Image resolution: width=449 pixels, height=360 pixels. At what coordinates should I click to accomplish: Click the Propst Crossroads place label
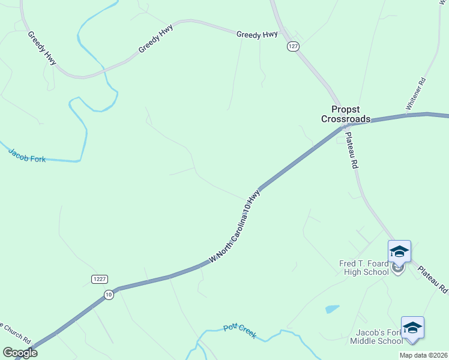point(345,114)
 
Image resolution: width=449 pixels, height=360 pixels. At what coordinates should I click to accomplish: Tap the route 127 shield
point(293,46)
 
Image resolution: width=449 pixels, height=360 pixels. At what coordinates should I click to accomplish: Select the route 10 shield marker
point(108,294)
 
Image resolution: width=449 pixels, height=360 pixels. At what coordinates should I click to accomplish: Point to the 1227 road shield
point(100,279)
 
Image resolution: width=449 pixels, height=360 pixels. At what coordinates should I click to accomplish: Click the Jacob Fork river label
point(27,155)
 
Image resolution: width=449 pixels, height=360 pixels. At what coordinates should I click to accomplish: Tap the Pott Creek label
point(240,331)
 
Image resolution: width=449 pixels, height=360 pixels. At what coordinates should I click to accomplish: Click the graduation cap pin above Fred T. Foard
point(399,252)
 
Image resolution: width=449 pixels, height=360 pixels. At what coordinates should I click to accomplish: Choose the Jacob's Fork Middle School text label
point(376,337)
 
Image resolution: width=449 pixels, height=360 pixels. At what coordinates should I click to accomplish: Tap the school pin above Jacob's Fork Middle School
point(412,328)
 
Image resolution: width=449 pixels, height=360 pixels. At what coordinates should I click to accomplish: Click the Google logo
point(20,353)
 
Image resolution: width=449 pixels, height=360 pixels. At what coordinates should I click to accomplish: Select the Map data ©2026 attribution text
point(423,355)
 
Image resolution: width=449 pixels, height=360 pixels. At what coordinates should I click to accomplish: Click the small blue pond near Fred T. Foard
point(332,309)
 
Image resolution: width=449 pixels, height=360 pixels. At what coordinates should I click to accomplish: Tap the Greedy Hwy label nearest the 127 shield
point(257,35)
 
